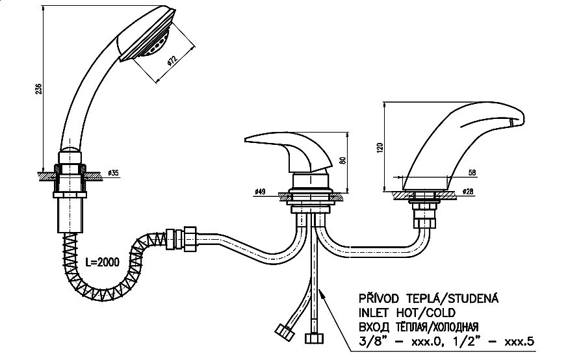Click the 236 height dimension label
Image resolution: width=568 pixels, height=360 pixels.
[x=39, y=89]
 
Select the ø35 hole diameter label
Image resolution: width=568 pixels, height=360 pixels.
[x=113, y=173]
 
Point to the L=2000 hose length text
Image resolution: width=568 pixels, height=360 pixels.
[x=103, y=262]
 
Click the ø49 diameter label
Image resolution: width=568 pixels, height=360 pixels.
[x=260, y=192]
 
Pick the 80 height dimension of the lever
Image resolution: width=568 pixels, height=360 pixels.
[x=343, y=160]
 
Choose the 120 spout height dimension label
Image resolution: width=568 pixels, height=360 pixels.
[x=380, y=148]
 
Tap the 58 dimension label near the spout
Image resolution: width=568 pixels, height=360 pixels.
[x=472, y=173]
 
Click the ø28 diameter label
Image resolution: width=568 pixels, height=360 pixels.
[x=468, y=192]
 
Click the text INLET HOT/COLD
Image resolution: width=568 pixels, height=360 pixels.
[x=407, y=313]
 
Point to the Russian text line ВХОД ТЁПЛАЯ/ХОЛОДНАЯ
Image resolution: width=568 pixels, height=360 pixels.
[x=419, y=327]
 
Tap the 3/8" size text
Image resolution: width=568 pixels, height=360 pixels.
[x=370, y=341]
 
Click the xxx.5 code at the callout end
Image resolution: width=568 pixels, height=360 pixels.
[x=519, y=341]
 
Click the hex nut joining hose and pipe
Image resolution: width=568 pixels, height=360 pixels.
[x=190, y=238]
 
